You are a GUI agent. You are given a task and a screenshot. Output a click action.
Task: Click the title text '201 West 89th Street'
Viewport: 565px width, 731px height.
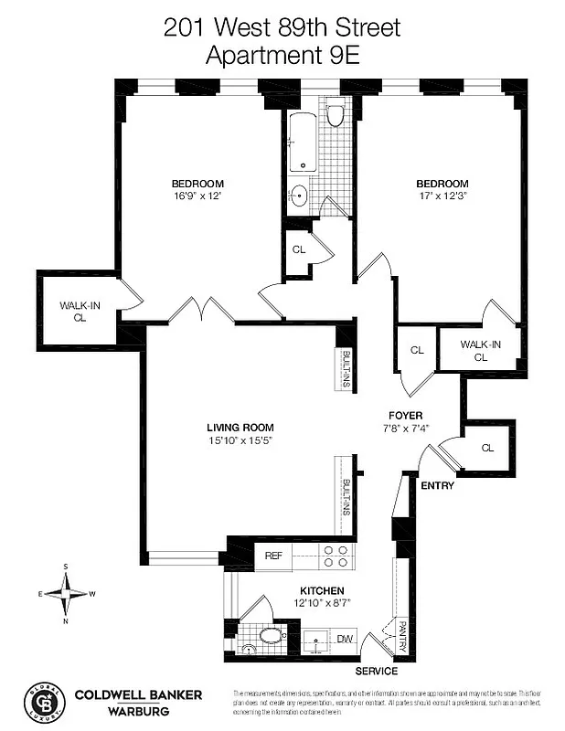coord(282,27)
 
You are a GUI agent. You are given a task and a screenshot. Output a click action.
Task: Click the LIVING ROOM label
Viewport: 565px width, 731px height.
coord(240,428)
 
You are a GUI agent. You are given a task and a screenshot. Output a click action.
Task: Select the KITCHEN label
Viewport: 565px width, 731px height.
coord(321,591)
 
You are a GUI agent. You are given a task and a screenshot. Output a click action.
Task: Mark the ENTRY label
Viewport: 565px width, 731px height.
coord(437,485)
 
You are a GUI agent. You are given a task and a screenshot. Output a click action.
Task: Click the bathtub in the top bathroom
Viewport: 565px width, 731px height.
coord(301,142)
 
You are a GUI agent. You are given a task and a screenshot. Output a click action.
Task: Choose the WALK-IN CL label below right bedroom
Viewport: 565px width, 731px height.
coord(480,351)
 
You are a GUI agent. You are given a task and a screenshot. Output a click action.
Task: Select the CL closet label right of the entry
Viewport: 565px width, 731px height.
coord(487,448)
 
